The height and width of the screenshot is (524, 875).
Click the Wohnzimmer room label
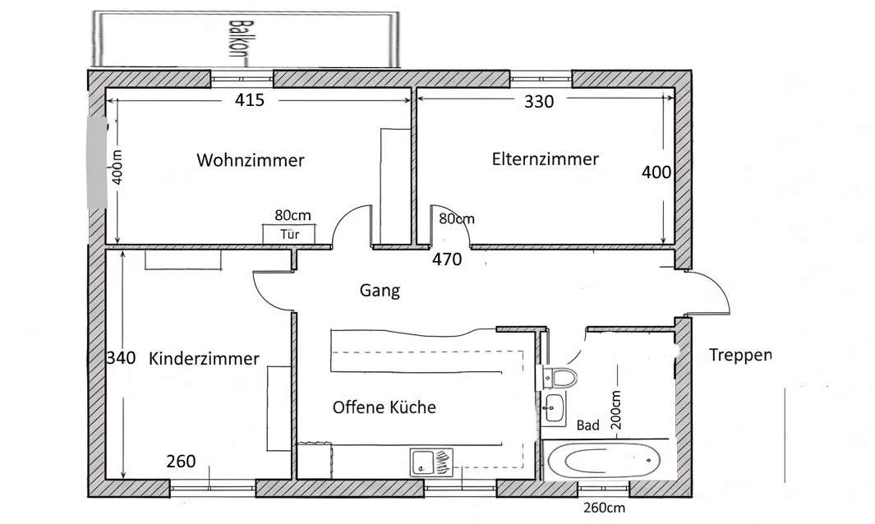pos(250,159)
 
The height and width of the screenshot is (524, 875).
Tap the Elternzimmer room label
pos(545,159)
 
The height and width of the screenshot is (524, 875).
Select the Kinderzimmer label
pos(204,358)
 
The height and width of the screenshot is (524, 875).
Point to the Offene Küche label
pos(384,407)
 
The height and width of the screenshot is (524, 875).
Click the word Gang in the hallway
pos(380,290)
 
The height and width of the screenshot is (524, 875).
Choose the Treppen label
pos(740,355)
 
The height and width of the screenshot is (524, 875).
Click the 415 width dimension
pos(249,101)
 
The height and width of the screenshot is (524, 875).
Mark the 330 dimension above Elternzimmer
pos(539,102)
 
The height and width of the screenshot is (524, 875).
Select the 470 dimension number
pos(448,260)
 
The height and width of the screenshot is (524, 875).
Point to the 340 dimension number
pos(121,358)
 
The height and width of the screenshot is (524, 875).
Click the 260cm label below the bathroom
pos(603,508)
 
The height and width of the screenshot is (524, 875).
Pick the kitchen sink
pos(431,462)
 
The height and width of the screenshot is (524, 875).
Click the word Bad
pos(587,425)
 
